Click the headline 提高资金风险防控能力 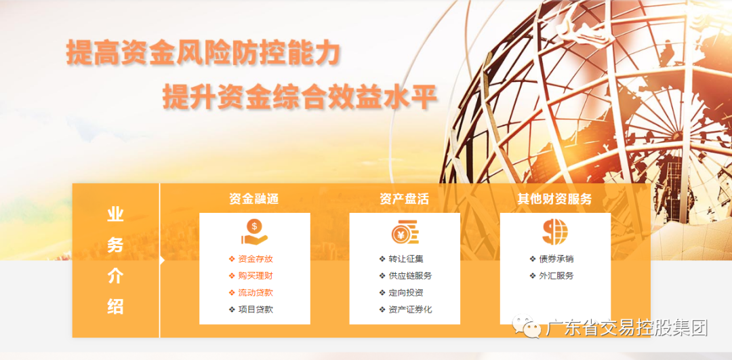203,53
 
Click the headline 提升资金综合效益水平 299,97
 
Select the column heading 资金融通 254,199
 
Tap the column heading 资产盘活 405,199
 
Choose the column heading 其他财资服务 554,199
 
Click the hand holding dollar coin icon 254,232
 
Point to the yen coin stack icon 405,233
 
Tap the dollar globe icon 554,232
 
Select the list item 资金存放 256,259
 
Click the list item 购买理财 256,276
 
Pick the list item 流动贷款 256,293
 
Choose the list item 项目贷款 256,310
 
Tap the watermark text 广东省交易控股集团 626,329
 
